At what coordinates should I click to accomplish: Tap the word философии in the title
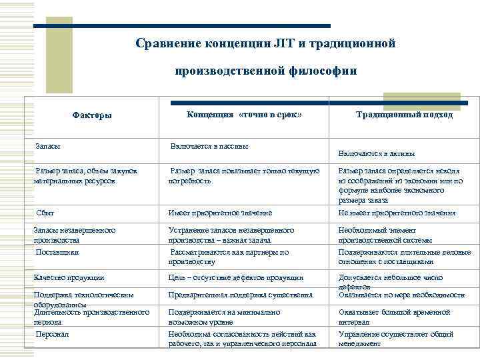click(x=322, y=70)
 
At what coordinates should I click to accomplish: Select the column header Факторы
click(x=92, y=115)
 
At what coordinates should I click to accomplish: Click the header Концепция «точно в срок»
click(x=245, y=115)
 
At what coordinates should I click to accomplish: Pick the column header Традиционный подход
click(x=404, y=115)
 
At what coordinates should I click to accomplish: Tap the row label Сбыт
click(x=46, y=213)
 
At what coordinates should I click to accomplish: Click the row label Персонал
click(x=53, y=333)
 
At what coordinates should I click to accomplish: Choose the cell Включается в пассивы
click(x=209, y=145)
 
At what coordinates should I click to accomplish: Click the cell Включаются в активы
click(x=381, y=153)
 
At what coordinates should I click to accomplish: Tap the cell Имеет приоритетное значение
click(x=220, y=213)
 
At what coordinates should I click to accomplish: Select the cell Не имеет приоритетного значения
click(x=397, y=213)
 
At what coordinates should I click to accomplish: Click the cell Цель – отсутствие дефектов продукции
click(x=235, y=277)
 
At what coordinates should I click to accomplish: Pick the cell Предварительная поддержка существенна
click(x=240, y=294)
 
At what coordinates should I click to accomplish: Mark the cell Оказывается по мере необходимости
click(x=401, y=294)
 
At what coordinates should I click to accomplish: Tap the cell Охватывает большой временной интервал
click(x=394, y=316)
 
